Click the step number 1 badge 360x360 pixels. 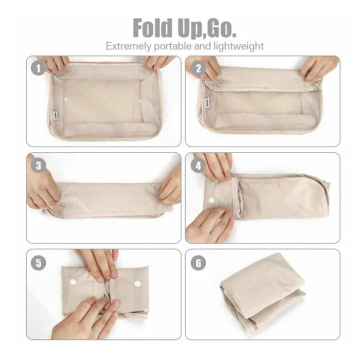point(38,68)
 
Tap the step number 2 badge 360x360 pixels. point(199,68)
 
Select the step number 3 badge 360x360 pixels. point(39,165)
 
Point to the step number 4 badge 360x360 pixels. point(199,165)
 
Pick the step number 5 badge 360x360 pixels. point(39,263)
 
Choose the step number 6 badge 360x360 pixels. point(199,263)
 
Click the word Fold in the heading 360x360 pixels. point(153,28)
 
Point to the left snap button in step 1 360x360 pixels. point(66,99)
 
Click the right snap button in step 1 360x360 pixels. point(140,101)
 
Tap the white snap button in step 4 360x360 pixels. point(211,200)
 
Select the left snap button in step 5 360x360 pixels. point(73,281)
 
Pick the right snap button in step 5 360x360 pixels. point(137,284)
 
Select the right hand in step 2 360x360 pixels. point(319,68)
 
